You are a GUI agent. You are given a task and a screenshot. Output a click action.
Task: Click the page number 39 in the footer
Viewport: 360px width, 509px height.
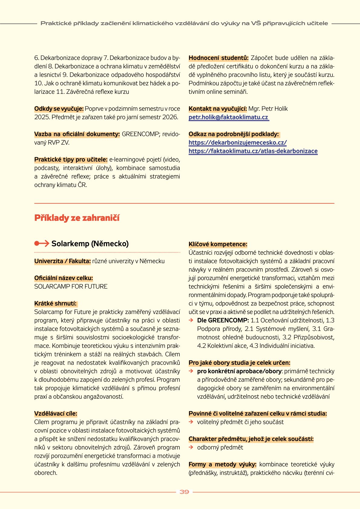[184, 492]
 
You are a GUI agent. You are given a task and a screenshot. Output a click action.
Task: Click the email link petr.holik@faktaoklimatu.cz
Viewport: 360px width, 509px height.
[228, 117]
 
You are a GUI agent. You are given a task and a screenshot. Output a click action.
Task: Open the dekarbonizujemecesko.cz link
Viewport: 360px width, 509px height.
[237, 142]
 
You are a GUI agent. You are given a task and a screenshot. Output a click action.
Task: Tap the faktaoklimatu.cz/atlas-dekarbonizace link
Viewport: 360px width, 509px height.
[253, 151]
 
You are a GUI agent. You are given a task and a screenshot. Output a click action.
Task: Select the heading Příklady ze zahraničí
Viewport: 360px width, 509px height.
[77, 218]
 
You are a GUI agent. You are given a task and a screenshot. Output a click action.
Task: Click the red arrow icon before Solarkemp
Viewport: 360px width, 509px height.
[42, 243]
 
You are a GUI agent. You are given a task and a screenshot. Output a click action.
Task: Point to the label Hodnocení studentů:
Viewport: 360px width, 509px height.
[218, 58]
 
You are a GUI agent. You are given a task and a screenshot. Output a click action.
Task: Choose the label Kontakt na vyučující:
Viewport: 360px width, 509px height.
[218, 109]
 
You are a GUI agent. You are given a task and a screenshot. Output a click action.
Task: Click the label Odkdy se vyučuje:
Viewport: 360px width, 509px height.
[59, 109]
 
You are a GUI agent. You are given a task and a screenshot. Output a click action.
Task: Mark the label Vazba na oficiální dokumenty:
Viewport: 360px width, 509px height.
[77, 134]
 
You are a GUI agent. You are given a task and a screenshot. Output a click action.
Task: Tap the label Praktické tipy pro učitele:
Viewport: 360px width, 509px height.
[71, 159]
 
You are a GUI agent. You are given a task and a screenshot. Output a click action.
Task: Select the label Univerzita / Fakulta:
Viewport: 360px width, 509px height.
[62, 261]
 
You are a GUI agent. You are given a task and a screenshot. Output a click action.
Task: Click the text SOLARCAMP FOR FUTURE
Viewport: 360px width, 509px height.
[71, 286]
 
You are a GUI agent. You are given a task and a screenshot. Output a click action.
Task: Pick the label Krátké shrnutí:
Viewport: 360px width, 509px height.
[55, 303]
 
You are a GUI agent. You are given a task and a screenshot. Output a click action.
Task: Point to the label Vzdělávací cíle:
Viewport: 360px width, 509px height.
[56, 413]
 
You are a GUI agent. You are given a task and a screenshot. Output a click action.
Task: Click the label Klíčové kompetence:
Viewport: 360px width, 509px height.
[218, 244]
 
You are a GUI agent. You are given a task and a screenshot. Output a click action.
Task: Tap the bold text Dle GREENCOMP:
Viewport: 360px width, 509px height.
[223, 320]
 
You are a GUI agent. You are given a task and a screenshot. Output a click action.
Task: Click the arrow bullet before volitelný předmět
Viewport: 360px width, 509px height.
[191, 422]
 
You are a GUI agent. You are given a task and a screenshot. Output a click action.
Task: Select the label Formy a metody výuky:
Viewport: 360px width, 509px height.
[222, 464]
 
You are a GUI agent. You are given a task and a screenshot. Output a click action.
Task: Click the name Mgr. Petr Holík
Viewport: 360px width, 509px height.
[268, 109]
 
